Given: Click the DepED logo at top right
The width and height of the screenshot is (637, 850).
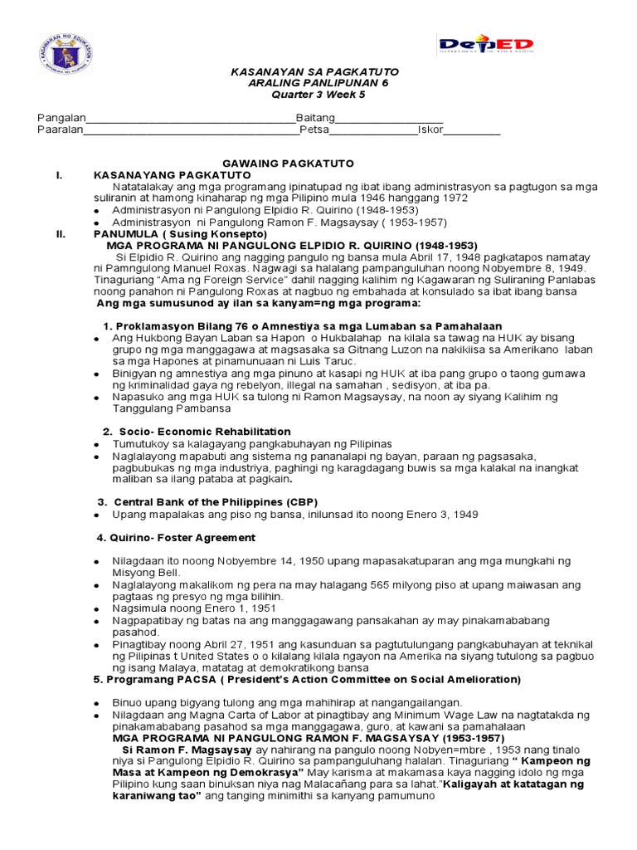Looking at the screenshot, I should tap(486, 44).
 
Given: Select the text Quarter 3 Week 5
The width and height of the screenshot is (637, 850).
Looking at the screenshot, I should tap(318, 95).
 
